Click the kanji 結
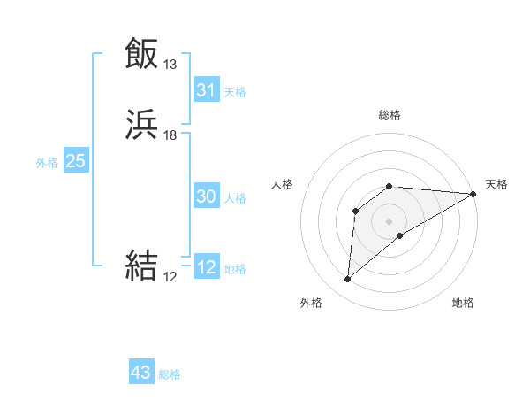coord(141,266)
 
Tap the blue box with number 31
coord(207,90)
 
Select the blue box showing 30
coord(207,197)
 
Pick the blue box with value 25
coord(75,161)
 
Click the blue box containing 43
coord(141,373)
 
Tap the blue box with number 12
coord(207,268)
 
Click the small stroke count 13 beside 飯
coord(170,65)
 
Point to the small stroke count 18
coord(170,135)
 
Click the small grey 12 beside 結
coord(170,277)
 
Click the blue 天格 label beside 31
coord(235,91)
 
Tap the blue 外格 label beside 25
coord(47,162)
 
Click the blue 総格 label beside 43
coord(170,374)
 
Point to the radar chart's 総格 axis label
coord(390,115)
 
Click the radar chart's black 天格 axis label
coord(496,184)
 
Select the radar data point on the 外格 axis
coord(347,280)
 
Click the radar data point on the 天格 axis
coord(473,194)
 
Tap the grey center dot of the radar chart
coord(390,220)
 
